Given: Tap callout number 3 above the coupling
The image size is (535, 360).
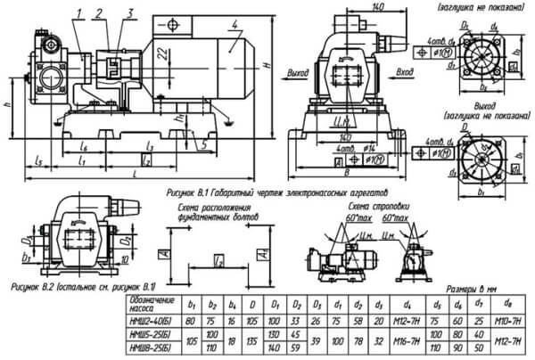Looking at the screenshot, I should point(131,13).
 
